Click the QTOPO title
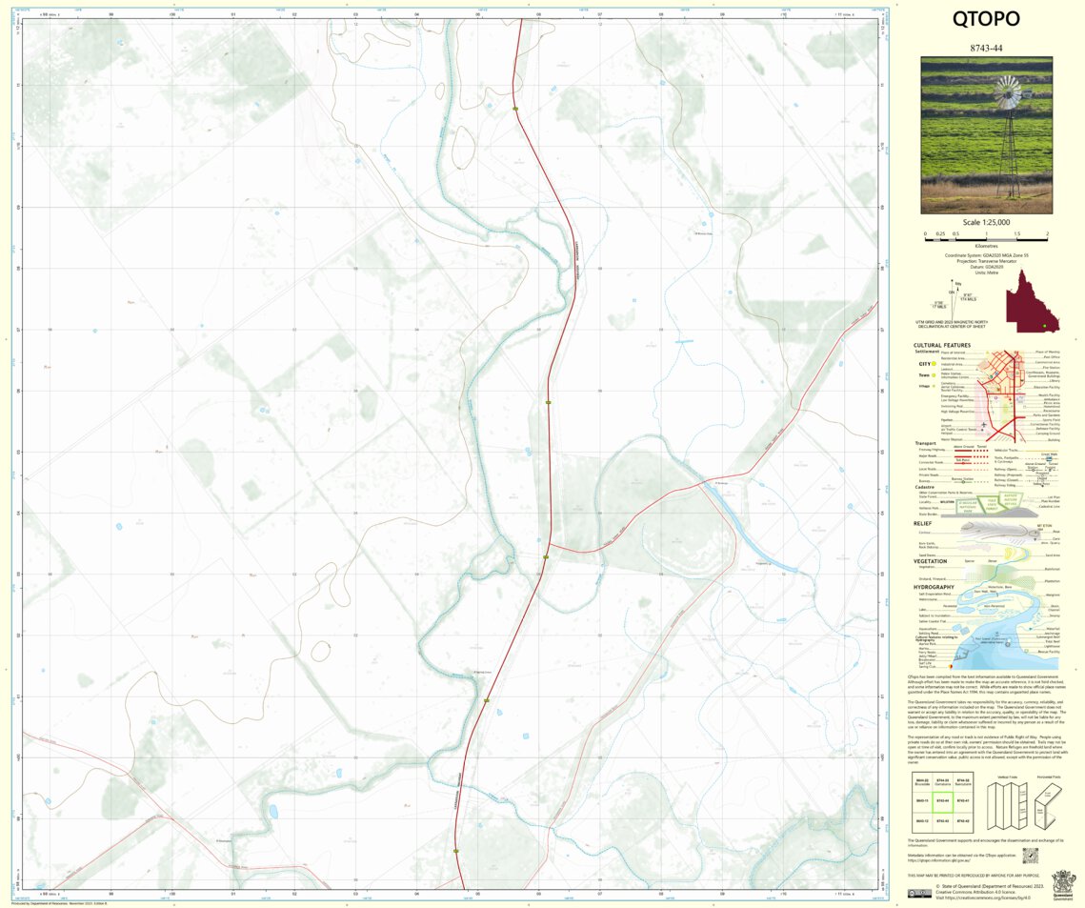986,20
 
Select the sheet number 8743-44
986,48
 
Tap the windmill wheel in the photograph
1007,94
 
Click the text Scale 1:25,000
986,222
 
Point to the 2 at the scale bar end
1046,233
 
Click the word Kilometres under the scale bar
986,246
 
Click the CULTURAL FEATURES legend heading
942,345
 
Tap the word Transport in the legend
926,443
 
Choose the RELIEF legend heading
923,523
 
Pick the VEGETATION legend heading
930,561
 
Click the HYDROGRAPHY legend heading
934,587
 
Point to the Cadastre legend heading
926,486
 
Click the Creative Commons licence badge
919,894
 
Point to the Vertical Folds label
1008,777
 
